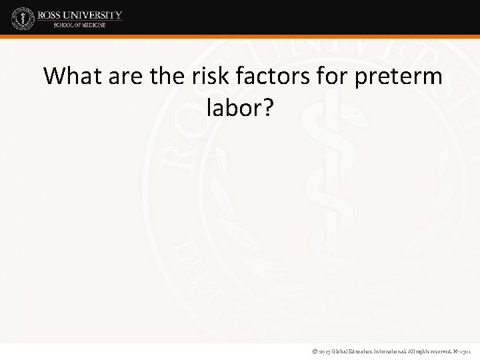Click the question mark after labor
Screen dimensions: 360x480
pos(266,109)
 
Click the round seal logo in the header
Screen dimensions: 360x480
pos(22,19)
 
